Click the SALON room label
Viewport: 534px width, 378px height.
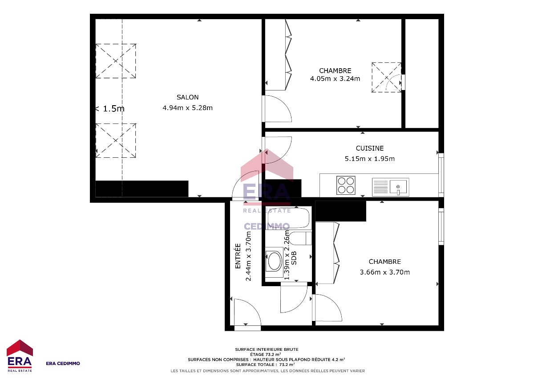click(187, 97)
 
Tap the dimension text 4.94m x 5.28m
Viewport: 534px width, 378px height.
click(187, 108)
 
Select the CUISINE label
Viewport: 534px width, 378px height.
click(369, 148)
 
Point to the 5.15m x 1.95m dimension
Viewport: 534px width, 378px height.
click(369, 159)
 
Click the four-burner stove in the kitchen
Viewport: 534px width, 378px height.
click(346, 185)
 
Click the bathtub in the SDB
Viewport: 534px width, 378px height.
click(288, 218)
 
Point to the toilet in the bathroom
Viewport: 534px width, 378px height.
click(300, 238)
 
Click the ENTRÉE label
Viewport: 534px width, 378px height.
click(238, 256)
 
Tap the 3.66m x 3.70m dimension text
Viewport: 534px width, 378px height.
click(384, 272)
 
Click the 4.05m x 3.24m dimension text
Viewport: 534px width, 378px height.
click(335, 78)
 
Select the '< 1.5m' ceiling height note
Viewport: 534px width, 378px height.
click(110, 109)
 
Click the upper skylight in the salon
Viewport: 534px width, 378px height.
click(116, 61)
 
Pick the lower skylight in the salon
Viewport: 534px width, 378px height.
click(116, 140)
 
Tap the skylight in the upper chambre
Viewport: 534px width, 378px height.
click(386, 78)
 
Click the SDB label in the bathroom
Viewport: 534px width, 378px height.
click(294, 258)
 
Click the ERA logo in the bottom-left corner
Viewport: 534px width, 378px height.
click(20, 356)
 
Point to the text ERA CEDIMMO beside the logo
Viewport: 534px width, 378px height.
click(63, 363)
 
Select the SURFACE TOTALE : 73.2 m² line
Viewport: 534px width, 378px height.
click(265, 365)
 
